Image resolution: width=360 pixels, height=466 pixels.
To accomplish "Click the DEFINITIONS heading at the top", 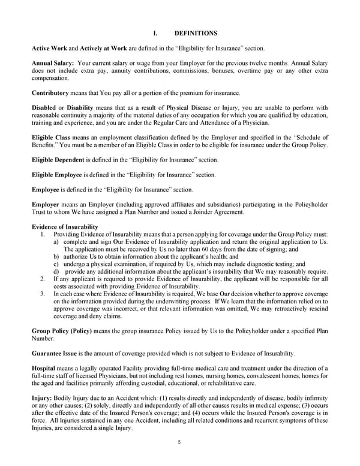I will tap(196, 33).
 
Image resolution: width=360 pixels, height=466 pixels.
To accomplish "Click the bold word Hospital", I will tap(46, 368).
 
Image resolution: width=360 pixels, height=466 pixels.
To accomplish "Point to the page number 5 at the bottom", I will tap(179, 443).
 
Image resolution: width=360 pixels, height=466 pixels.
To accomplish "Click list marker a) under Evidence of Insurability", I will tap(56, 241).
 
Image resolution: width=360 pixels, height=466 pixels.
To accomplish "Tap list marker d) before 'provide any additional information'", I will tap(56, 271).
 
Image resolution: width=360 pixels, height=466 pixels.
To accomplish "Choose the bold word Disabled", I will tap(44, 107).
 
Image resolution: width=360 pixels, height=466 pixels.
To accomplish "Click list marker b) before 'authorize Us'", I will tap(56, 256).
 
